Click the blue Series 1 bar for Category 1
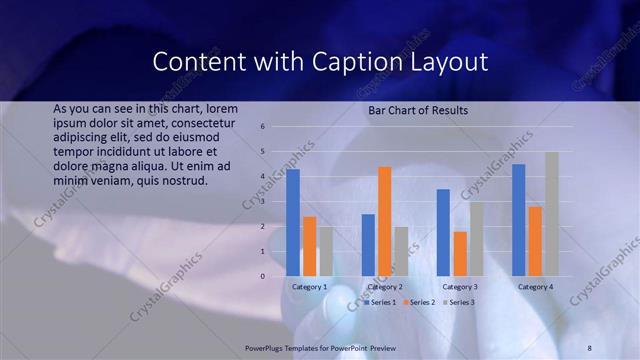[x=293, y=223]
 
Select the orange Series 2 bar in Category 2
[x=385, y=221]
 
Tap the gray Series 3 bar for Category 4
[x=552, y=214]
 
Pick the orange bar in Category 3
[x=460, y=254]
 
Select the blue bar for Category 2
[x=368, y=245]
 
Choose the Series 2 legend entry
[x=420, y=302]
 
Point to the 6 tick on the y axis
[x=262, y=127]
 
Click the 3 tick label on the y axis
[x=262, y=202]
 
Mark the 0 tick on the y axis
[x=262, y=277]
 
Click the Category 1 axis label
[x=310, y=287]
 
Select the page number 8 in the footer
[x=590, y=346]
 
